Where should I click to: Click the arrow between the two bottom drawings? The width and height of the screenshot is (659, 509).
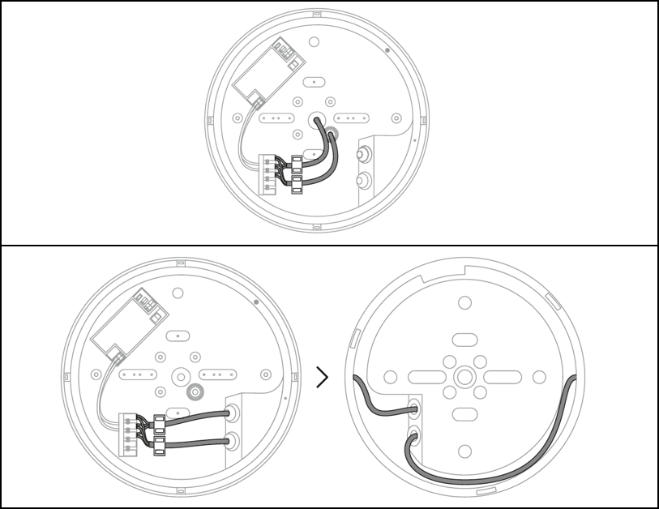click(323, 377)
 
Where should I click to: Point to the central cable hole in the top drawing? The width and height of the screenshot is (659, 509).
click(315, 119)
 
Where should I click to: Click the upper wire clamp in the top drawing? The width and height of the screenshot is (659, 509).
click(296, 163)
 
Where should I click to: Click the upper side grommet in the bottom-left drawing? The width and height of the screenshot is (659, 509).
click(233, 412)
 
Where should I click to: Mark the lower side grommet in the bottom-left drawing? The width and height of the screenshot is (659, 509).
click(233, 442)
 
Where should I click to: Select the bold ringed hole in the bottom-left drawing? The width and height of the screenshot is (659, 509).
click(195, 393)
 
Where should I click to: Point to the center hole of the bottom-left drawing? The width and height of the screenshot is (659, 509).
click(180, 375)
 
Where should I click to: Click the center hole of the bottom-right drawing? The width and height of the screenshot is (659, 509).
click(464, 377)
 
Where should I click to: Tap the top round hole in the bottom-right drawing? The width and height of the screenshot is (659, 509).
click(464, 303)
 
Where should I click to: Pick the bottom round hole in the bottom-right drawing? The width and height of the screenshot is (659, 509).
click(464, 451)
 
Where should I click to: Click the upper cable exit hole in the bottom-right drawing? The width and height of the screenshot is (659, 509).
click(415, 404)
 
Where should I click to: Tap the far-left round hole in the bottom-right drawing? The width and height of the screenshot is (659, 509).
click(390, 377)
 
